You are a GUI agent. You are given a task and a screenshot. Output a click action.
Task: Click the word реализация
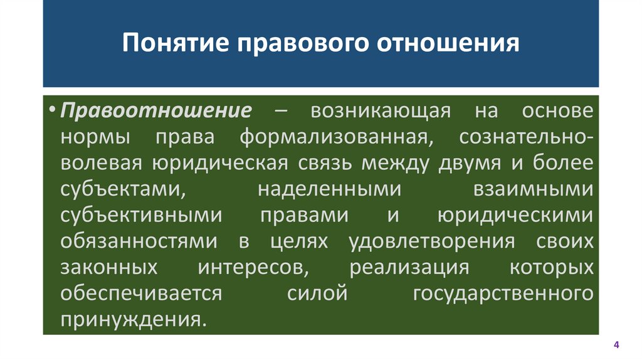click(409, 267)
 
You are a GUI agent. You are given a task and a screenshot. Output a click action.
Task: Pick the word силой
click(317, 293)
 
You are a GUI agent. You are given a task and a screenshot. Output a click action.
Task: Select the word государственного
click(503, 293)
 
